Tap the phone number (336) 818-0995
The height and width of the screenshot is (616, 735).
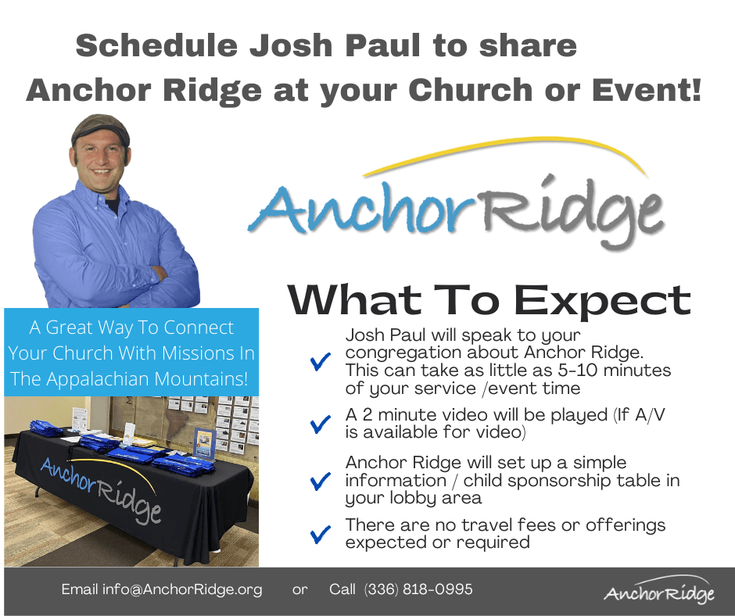418,589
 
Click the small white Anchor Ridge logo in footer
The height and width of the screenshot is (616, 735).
658,591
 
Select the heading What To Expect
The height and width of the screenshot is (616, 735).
489,299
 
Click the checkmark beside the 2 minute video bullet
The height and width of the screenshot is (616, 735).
320,424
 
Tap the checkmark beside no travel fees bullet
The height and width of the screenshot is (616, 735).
320,534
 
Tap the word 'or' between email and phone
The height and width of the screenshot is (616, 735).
300,589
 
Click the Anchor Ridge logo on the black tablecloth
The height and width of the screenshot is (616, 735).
102,489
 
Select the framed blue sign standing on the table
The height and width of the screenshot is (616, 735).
204,442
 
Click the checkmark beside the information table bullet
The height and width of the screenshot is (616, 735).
320,480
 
